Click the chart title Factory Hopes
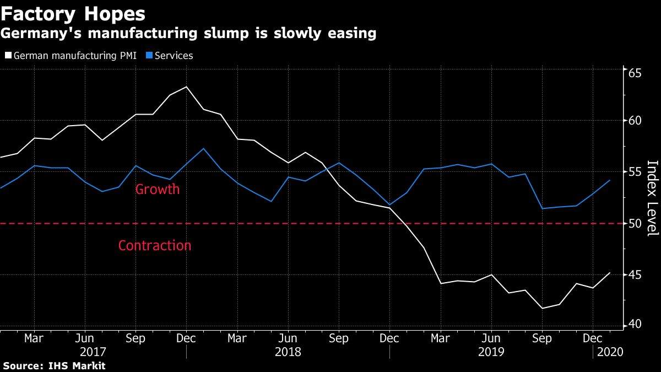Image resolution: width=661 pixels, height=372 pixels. (73, 14)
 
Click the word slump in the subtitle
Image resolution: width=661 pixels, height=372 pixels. (226, 34)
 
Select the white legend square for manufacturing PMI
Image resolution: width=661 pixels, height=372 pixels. (8, 55)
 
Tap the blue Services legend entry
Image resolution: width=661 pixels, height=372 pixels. (170, 56)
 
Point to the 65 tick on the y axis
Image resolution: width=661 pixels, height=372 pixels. (635, 73)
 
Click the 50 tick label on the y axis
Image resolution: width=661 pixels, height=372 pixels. (635, 224)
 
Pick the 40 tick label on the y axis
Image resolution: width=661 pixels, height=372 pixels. (635, 324)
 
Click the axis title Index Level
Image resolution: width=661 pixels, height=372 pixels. (653, 198)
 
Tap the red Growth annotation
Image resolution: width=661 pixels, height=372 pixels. (158, 189)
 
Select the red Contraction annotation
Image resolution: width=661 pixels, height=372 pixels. (155, 246)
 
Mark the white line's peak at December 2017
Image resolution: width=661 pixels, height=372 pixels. (187, 87)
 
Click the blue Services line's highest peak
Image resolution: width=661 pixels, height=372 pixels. (203, 148)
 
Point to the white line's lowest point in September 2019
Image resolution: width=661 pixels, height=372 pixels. (543, 308)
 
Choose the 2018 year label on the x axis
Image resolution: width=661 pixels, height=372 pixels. (288, 352)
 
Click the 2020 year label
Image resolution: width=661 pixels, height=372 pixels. (610, 352)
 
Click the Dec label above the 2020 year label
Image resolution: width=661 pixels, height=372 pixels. (592, 338)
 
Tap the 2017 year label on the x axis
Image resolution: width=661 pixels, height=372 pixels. (93, 352)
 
